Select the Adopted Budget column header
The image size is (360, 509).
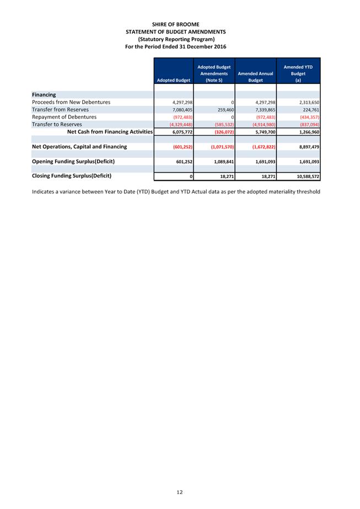pyautogui.click(x=174, y=80)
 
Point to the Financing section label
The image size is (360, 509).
pyautogui.click(x=44, y=95)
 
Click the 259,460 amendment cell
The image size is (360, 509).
pyautogui.click(x=223, y=110)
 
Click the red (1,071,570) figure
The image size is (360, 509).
pyautogui.click(x=222, y=147)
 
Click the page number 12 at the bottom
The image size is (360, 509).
pyautogui.click(x=180, y=492)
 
